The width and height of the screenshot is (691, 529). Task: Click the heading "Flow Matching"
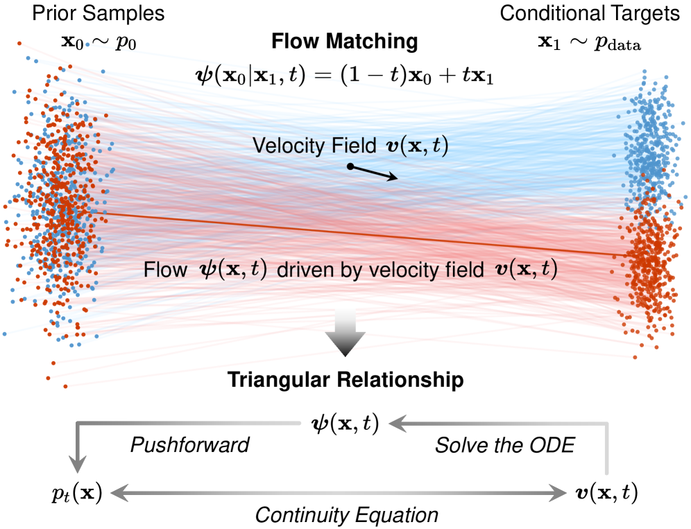[345, 42]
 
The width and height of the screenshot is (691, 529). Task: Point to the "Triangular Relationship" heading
[345, 380]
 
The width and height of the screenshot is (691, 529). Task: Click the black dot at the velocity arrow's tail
[351, 166]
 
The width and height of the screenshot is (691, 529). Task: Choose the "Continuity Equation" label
[347, 514]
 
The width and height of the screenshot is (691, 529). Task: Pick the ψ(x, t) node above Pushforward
[345, 422]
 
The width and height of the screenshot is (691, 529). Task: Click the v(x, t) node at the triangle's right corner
[605, 494]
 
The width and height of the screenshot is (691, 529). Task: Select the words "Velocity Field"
[298, 146]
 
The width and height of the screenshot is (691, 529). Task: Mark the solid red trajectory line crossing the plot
[347, 234]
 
